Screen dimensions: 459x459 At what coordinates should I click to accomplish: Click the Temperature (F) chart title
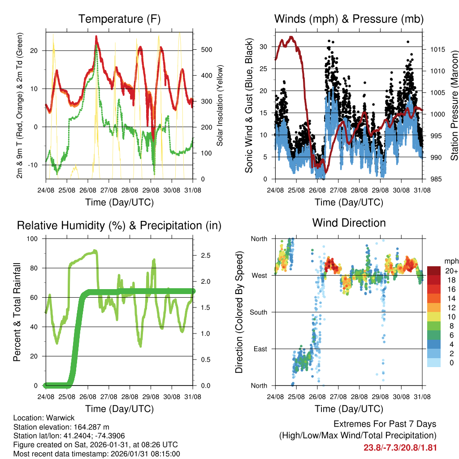[x=119, y=19]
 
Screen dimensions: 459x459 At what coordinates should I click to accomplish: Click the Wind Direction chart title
[x=349, y=223]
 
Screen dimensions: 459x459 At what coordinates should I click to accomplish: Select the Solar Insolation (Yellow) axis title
[x=220, y=106]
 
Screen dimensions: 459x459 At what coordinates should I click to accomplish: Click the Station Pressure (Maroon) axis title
[x=454, y=106]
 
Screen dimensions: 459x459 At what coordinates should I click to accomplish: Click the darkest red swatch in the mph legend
[x=434, y=271]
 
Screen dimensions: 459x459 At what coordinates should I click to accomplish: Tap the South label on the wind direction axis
[x=259, y=312]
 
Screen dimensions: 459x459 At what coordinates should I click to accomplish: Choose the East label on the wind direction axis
[x=260, y=349]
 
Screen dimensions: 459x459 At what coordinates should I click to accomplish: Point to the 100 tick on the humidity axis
[x=33, y=238]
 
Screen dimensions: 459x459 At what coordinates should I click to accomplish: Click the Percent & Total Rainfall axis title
[x=17, y=312]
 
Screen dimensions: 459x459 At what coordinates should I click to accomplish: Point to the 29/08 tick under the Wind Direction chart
[x=380, y=396]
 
